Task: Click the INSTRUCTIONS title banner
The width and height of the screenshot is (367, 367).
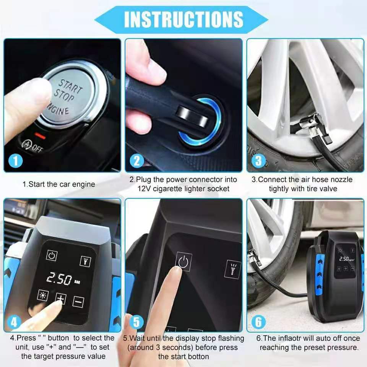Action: (x=183, y=19)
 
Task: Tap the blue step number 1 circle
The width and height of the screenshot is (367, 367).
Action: (x=16, y=161)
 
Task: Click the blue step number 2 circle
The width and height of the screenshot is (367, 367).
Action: (x=136, y=161)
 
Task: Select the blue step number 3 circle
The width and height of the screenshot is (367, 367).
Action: (x=258, y=161)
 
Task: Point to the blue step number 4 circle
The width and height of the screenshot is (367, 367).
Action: (x=14, y=322)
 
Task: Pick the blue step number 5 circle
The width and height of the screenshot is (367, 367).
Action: (x=136, y=322)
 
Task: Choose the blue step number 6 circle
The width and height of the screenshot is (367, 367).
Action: (x=258, y=322)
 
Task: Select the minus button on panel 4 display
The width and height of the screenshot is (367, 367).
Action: (x=78, y=302)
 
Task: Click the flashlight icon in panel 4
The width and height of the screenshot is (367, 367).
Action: (x=85, y=261)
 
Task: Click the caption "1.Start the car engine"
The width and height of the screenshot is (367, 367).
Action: (x=58, y=184)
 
